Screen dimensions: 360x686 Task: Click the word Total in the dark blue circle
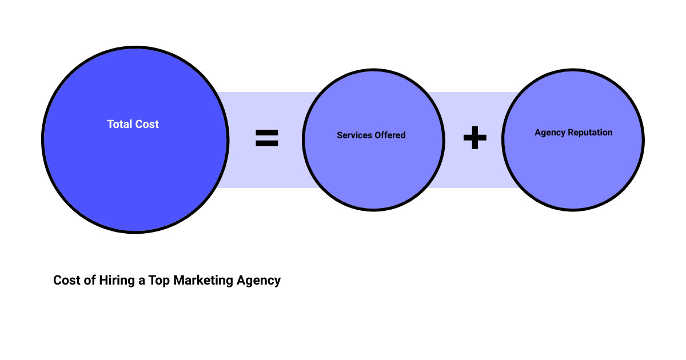click(x=119, y=124)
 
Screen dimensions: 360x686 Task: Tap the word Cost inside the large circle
click(x=146, y=124)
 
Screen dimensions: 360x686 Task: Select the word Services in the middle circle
click(x=354, y=135)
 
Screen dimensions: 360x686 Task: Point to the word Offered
click(x=390, y=135)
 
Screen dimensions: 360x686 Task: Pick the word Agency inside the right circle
click(x=549, y=133)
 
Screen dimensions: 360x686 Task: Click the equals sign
click(x=266, y=138)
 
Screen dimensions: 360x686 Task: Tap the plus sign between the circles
click(x=474, y=138)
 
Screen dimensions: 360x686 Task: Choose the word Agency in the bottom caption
click(x=258, y=281)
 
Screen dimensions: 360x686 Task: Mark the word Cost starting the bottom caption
click(x=66, y=281)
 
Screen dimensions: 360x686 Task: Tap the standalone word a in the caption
click(x=141, y=281)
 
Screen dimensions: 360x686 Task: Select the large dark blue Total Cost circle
click(x=135, y=171)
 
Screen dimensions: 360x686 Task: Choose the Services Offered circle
click(x=373, y=171)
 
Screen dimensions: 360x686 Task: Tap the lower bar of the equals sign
click(x=266, y=144)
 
